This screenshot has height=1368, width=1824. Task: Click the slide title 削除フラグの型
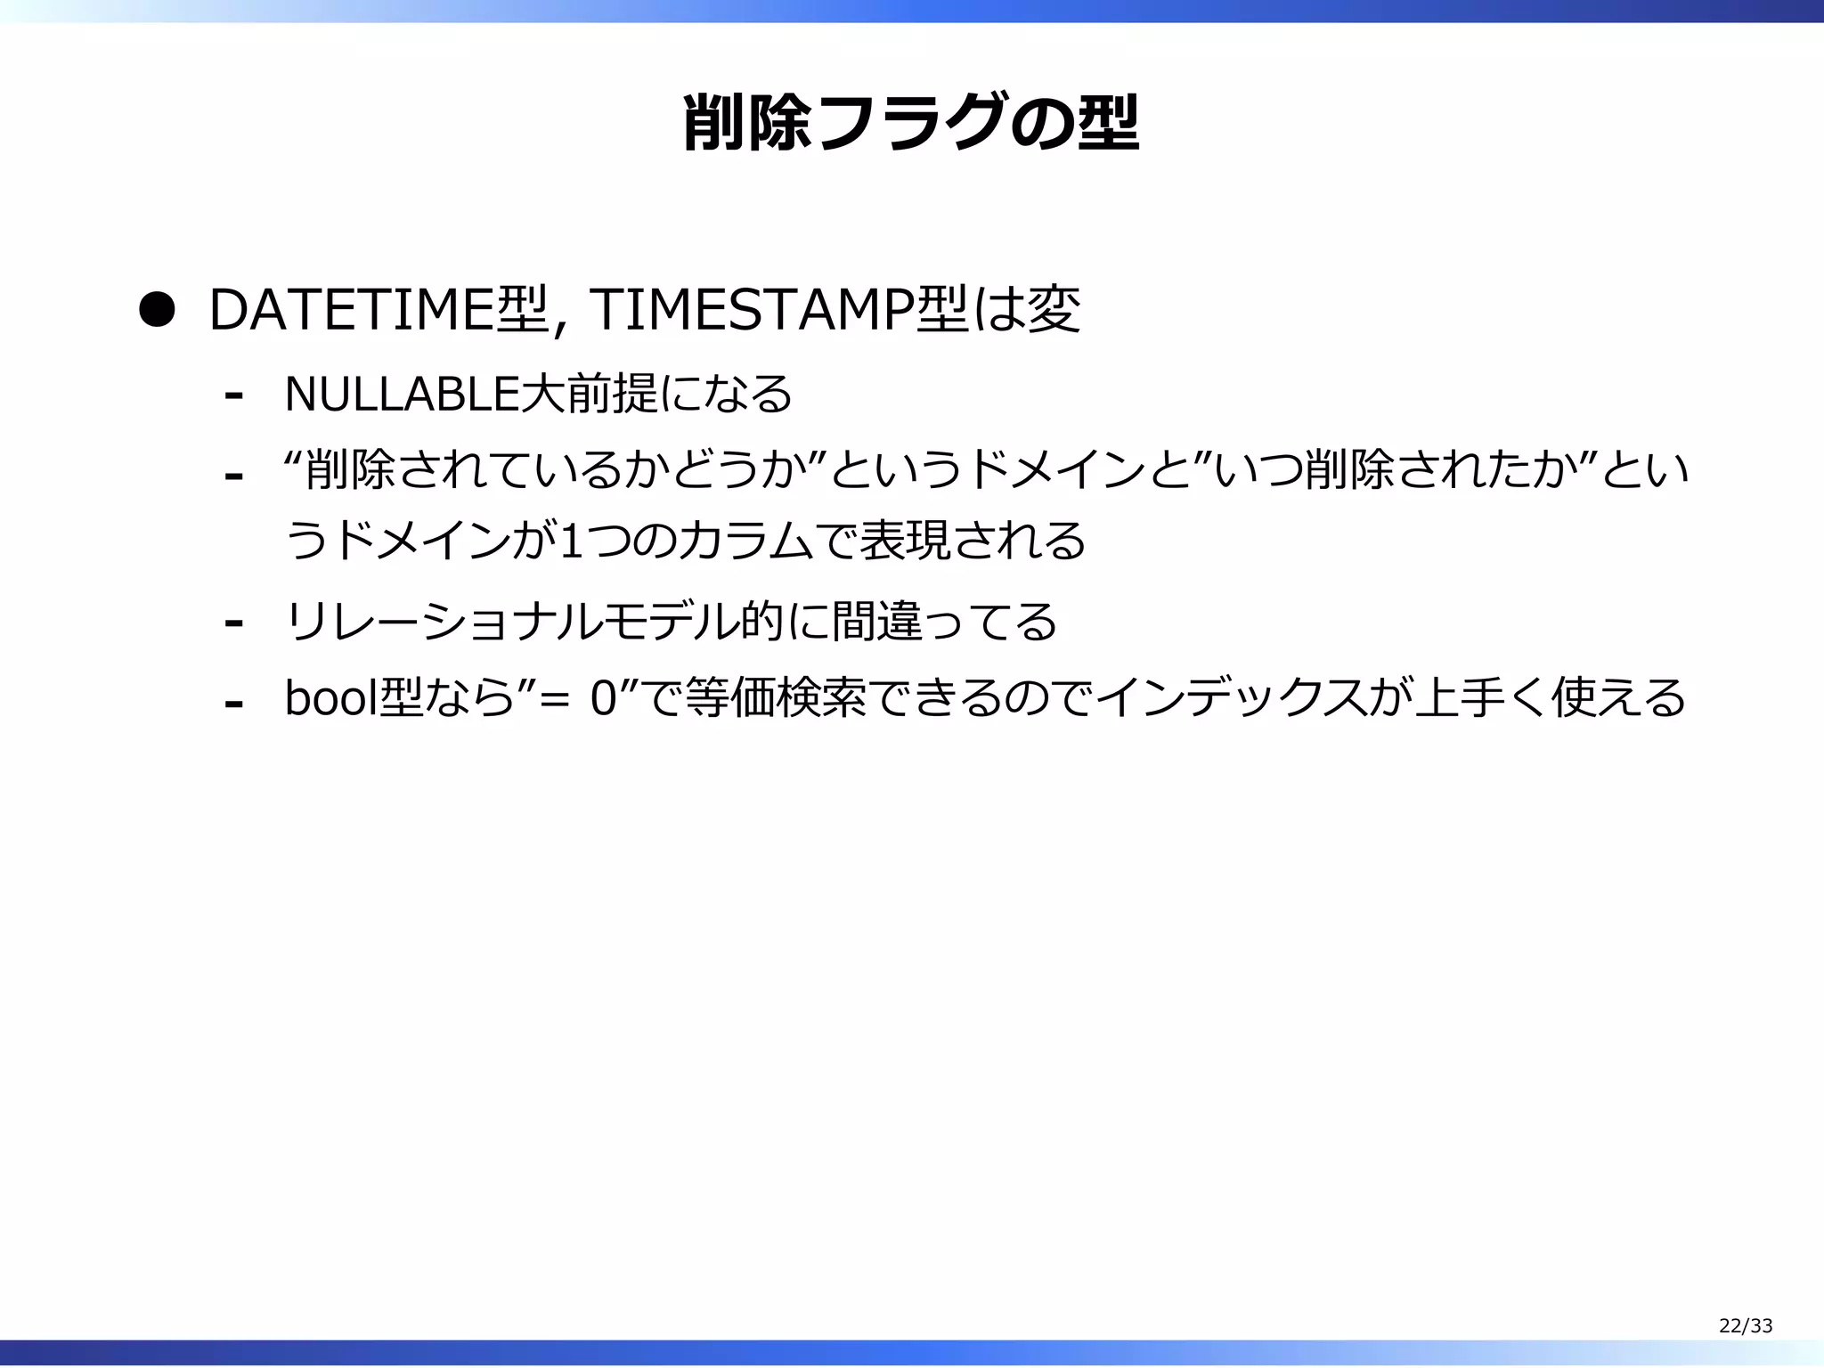click(x=910, y=123)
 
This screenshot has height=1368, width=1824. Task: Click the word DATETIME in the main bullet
click(x=350, y=311)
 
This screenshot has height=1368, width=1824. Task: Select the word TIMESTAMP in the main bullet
click(x=751, y=311)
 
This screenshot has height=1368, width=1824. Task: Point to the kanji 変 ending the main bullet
click(x=1054, y=311)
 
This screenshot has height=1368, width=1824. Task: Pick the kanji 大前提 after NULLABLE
click(x=588, y=394)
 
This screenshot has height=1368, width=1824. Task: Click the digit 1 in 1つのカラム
click(x=571, y=541)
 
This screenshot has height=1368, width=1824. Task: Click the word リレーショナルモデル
click(x=511, y=621)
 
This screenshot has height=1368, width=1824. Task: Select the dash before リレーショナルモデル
click(x=233, y=623)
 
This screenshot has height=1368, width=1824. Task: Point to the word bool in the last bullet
click(x=330, y=697)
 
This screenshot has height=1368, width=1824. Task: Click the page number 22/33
click(x=1745, y=1326)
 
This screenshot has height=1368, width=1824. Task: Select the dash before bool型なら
click(x=233, y=704)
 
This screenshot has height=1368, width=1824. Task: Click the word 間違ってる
click(x=944, y=621)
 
